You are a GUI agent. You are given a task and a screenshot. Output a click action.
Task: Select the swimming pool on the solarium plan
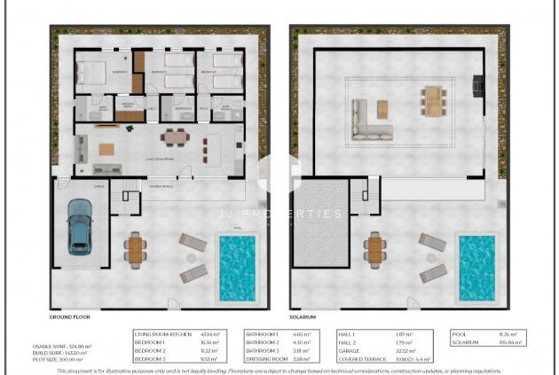tap(476, 266)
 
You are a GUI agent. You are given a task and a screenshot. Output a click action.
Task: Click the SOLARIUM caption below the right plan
tap(303, 316)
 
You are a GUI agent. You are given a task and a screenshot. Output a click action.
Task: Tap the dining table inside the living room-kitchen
tap(174, 137)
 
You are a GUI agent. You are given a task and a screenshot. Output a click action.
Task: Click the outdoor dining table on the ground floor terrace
tap(135, 249)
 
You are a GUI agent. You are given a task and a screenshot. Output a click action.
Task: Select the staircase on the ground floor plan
tap(130, 187)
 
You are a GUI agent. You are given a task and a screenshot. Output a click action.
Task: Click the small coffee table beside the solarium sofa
tap(382, 108)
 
